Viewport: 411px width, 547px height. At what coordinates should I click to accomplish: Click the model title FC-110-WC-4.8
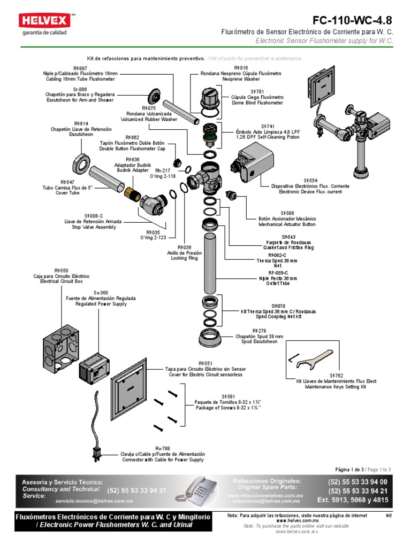click(352, 21)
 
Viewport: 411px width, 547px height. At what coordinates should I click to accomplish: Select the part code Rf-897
click(80, 68)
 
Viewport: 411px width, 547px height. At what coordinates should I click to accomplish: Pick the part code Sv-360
click(101, 293)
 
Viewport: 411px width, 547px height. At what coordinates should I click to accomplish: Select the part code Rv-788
click(162, 448)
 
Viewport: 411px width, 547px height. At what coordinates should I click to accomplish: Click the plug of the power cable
click(97, 453)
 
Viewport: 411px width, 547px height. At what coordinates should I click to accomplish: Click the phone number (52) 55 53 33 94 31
click(136, 490)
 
